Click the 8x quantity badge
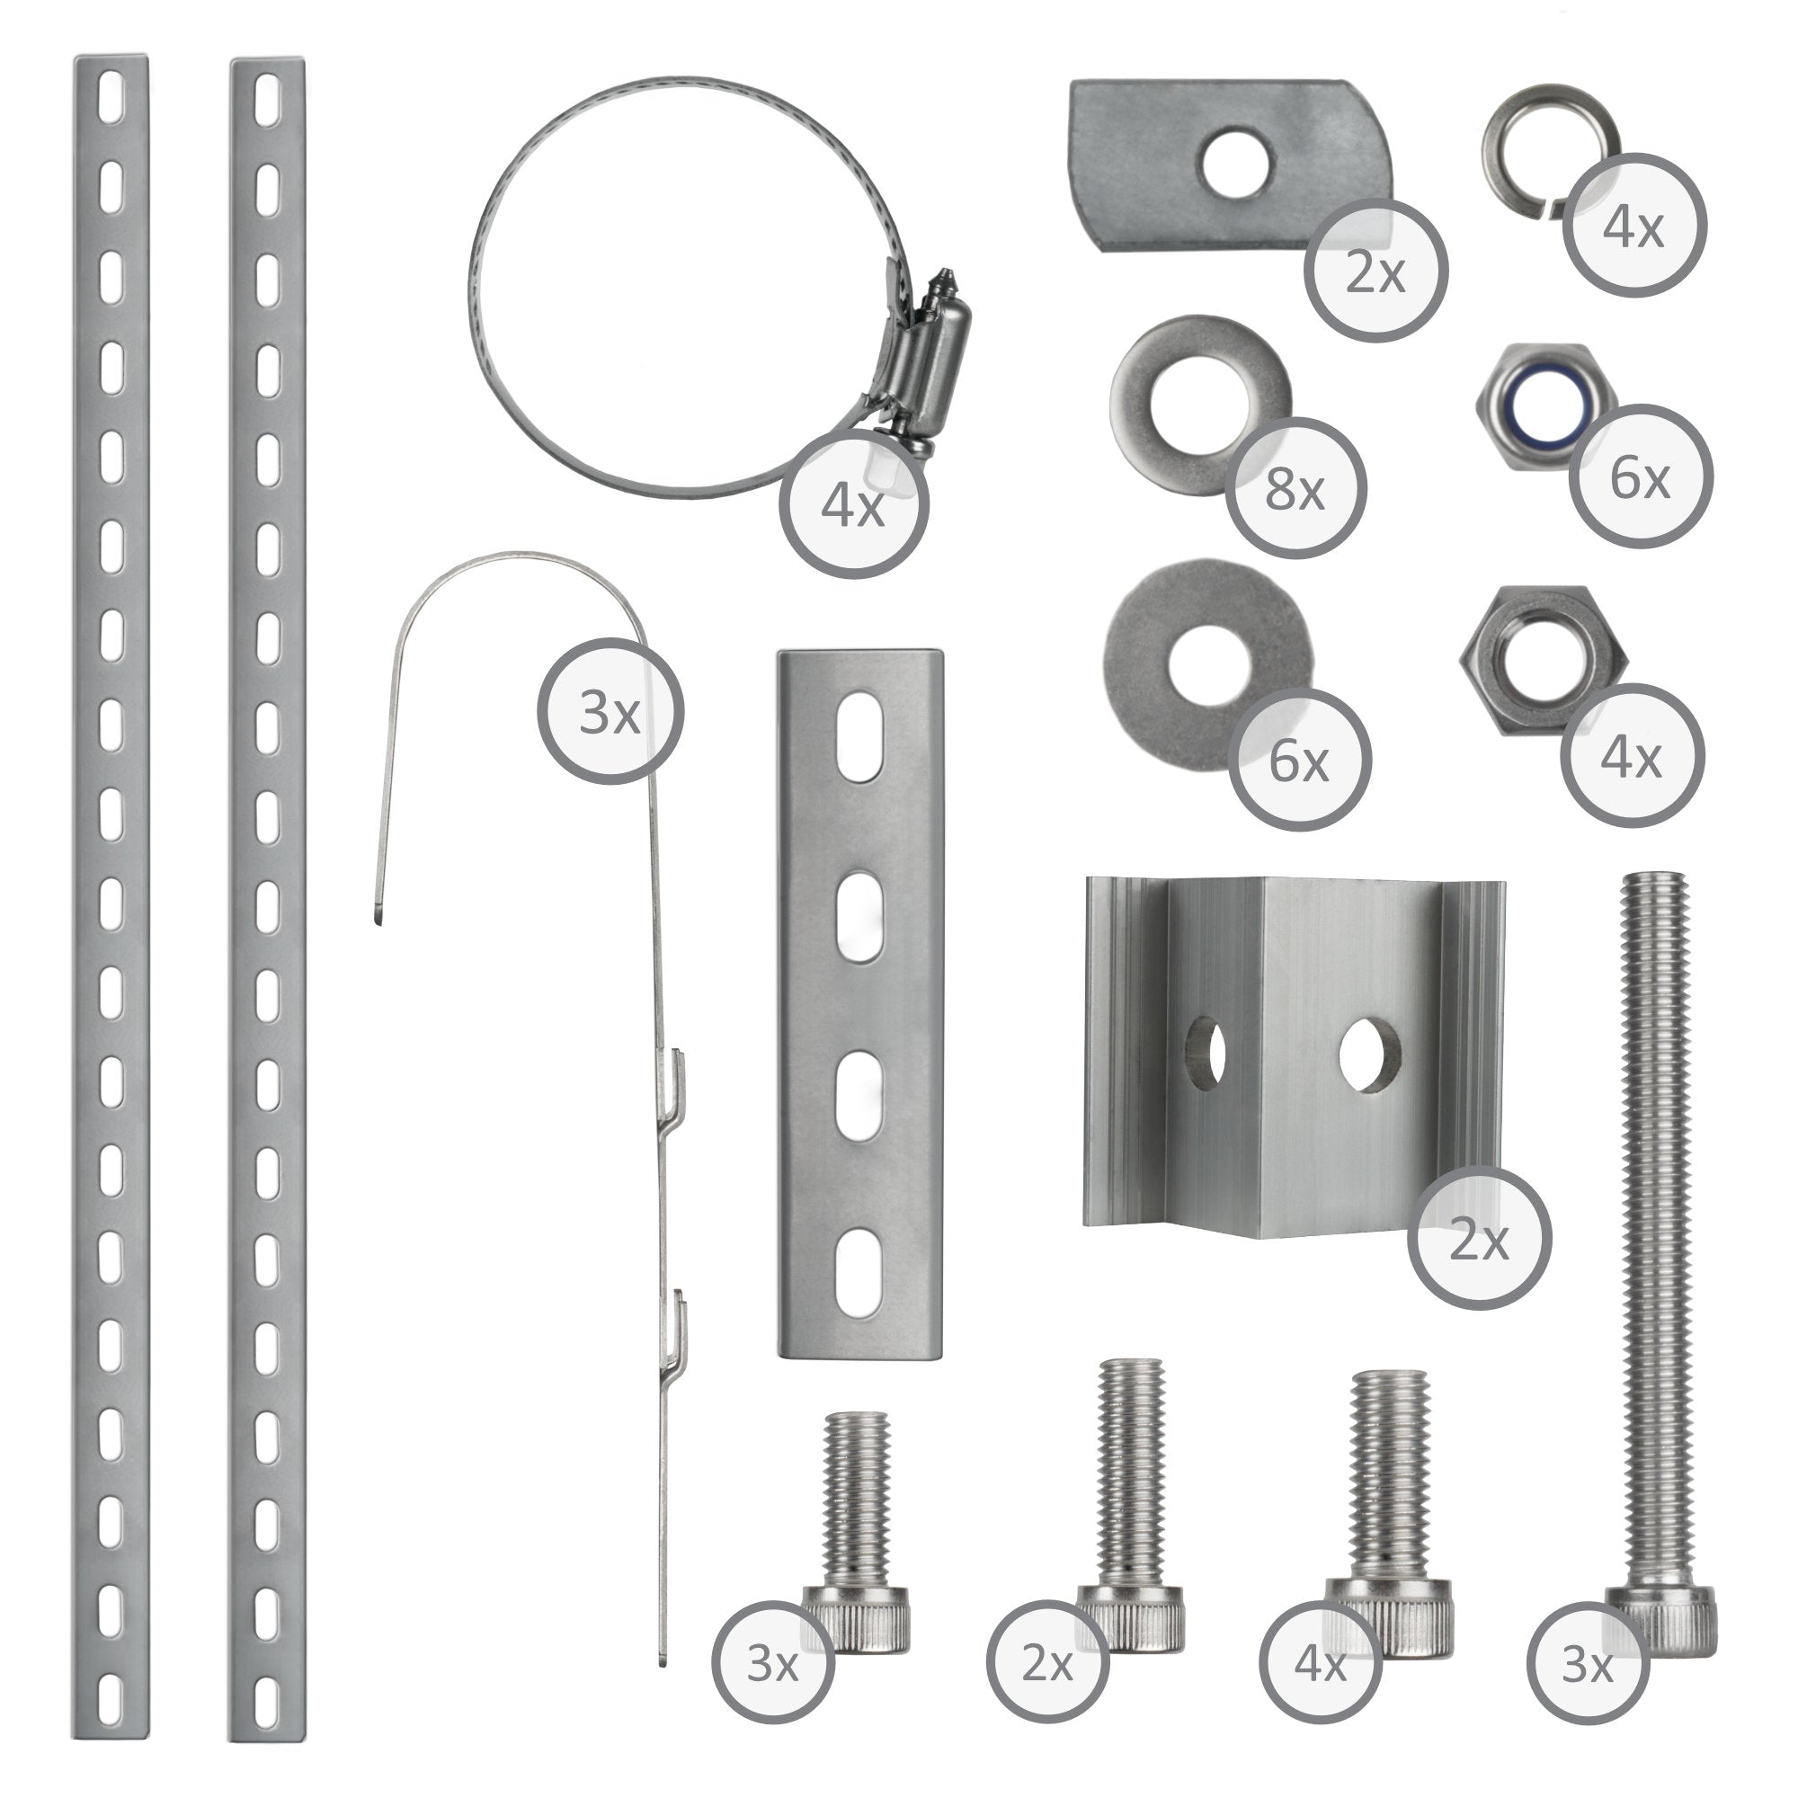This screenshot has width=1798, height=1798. point(1295,488)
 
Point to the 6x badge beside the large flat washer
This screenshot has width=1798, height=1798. point(1299,761)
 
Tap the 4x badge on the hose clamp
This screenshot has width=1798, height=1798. point(853,507)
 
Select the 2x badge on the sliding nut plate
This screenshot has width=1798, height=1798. point(1375,270)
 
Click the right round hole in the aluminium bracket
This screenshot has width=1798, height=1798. point(1370,1052)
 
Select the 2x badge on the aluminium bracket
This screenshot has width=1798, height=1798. point(1479,1241)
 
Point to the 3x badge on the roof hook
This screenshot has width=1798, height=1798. point(610,712)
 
